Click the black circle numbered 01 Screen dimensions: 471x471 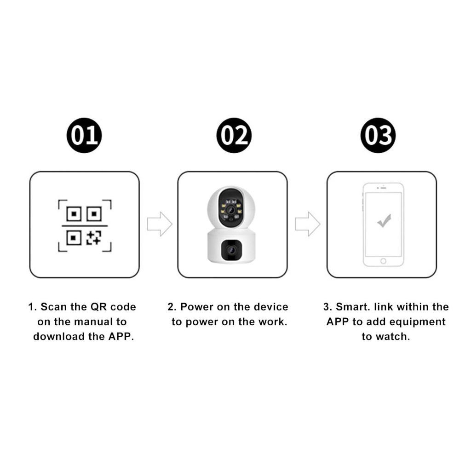(84, 135)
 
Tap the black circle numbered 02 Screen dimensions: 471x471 (234, 135)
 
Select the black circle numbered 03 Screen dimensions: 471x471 (378, 135)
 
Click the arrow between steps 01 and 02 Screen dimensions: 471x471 (160, 224)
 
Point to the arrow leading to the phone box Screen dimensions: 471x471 (308, 224)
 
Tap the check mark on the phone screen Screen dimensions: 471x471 (384, 221)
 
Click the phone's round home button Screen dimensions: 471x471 (383, 261)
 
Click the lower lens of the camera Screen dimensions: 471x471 (231, 250)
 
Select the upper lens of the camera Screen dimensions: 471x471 (231, 210)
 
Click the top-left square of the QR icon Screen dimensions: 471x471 (74, 214)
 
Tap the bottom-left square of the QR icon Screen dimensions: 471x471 (74, 238)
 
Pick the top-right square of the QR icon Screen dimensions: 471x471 (94, 214)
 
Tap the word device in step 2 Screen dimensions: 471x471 (271, 307)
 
